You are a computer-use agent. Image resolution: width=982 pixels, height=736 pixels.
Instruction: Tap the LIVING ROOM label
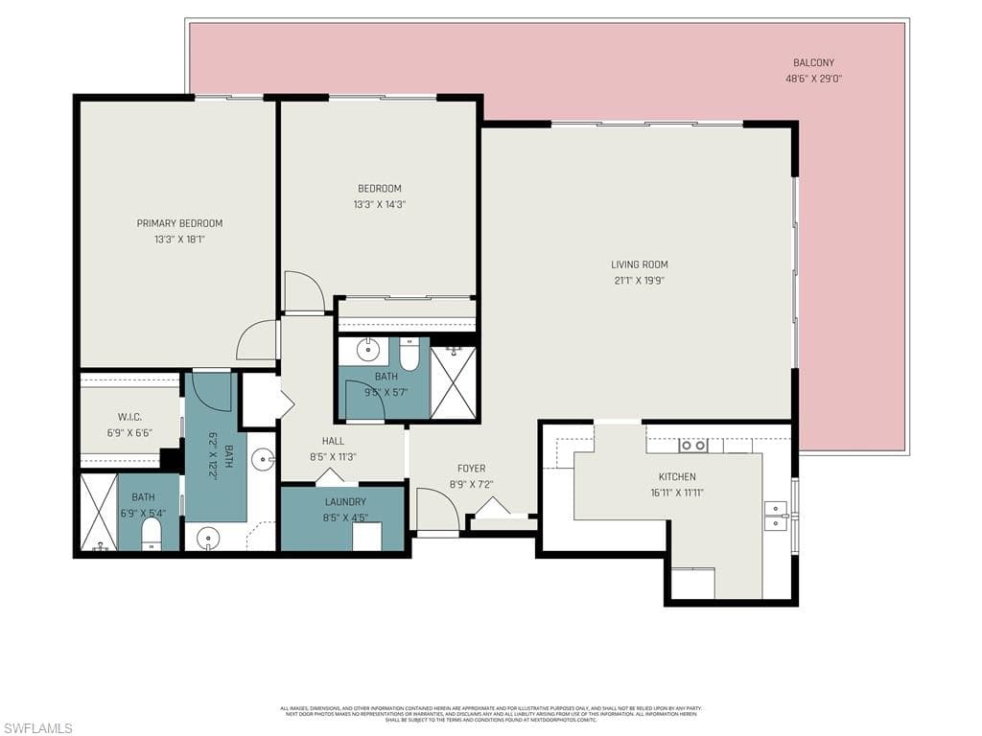(x=640, y=264)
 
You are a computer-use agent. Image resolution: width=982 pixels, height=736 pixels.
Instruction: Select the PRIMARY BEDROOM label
(x=179, y=223)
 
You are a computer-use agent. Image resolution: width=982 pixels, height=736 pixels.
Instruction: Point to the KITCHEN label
(x=677, y=476)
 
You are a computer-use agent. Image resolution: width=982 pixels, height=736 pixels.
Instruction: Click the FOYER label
(x=471, y=469)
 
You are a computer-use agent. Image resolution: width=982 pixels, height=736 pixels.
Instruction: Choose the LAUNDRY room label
(x=345, y=501)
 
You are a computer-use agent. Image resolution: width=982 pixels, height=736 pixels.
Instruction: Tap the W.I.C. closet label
(x=130, y=417)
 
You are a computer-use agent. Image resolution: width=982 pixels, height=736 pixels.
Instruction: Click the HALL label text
(x=333, y=441)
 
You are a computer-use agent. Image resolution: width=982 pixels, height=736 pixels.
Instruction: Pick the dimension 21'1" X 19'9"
(x=640, y=281)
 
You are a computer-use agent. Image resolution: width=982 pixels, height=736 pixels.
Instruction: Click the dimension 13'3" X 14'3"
(x=380, y=204)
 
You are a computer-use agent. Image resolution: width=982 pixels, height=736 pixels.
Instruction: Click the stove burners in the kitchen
(x=693, y=446)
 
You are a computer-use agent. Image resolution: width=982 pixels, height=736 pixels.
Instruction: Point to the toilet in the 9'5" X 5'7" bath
(x=409, y=356)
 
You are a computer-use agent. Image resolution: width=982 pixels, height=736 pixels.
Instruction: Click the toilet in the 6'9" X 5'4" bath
(x=152, y=535)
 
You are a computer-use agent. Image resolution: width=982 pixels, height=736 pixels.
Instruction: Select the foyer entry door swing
(x=436, y=513)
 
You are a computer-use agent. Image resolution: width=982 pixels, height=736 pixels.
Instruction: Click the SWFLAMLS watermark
(x=36, y=728)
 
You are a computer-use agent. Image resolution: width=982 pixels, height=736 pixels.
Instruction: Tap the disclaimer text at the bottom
(x=490, y=714)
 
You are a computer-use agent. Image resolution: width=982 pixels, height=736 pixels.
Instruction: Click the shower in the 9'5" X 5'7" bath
(x=454, y=382)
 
